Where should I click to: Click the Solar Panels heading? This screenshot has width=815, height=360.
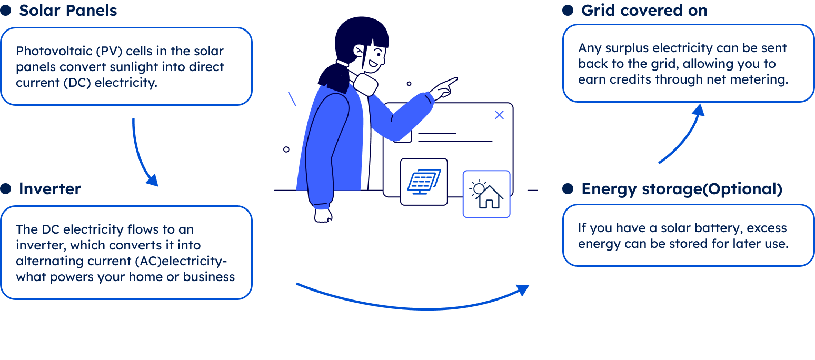[68, 11]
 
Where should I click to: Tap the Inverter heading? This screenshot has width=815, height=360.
[50, 189]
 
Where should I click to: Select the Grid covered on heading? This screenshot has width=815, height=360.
[644, 11]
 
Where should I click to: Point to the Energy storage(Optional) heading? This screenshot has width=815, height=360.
[681, 189]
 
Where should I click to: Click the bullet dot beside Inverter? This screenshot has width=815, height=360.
[6, 189]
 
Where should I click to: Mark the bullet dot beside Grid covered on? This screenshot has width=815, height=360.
[568, 11]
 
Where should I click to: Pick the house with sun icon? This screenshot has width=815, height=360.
[486, 194]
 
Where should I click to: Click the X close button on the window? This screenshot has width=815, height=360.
[499, 115]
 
